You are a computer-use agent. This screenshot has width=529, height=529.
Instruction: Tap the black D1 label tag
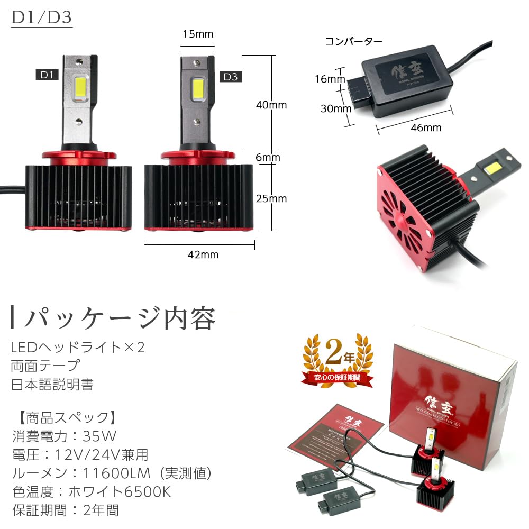pos(48,75)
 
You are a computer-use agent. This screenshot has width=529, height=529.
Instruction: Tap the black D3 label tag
pos(231,77)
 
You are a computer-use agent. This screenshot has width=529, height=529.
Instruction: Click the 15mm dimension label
pos(197,35)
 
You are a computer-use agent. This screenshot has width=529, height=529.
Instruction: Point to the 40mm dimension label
pos(271,105)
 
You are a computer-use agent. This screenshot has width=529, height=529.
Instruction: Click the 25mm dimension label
pos(271,199)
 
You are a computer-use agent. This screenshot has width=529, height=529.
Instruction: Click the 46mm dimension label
pos(425,127)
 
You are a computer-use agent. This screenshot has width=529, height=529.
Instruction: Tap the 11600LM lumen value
pos(109,473)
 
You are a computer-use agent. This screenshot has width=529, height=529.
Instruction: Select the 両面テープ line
pos(45,366)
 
